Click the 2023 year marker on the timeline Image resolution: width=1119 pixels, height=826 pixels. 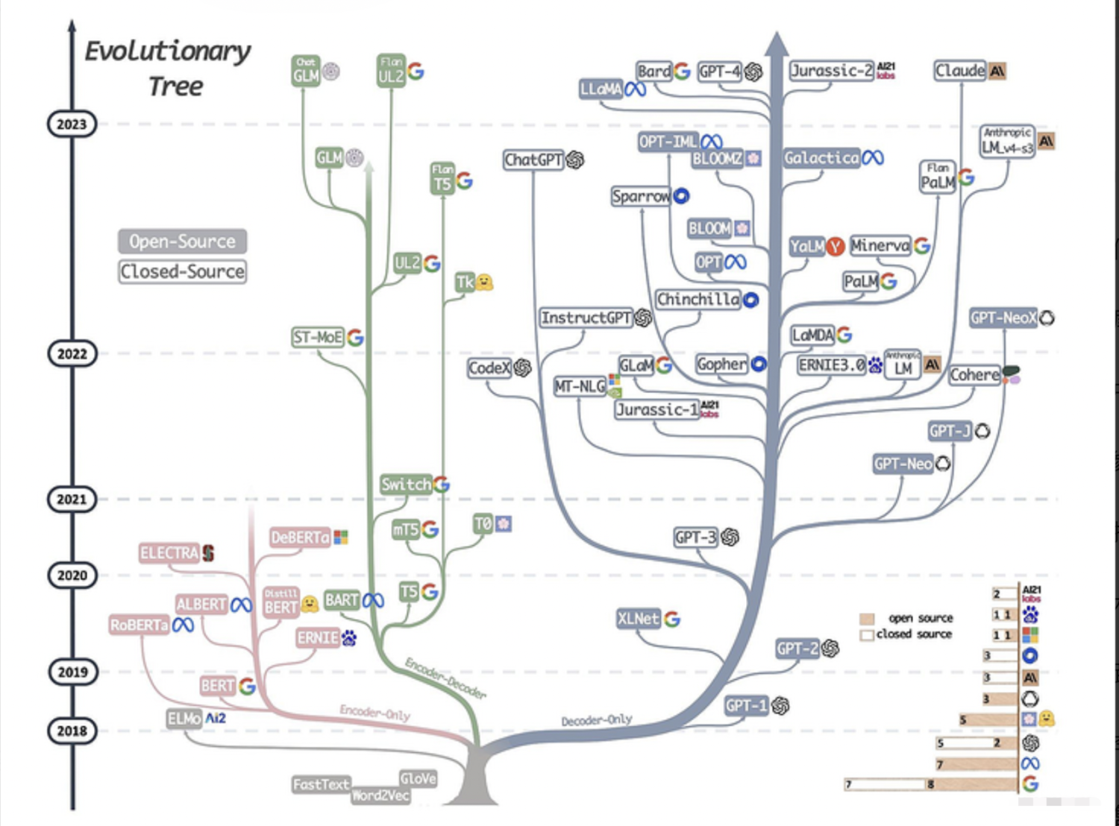(x=72, y=124)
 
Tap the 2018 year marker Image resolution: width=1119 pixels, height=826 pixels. (x=72, y=731)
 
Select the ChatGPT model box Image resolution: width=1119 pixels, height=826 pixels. (x=533, y=160)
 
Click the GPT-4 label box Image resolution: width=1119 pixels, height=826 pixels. (x=720, y=71)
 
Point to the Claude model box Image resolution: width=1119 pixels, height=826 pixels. (x=960, y=71)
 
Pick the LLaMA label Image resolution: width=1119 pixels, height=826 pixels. (x=601, y=89)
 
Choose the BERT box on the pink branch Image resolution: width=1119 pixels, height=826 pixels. (x=218, y=686)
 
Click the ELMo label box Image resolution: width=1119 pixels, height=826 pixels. (x=184, y=719)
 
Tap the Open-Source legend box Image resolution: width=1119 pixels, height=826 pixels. (x=182, y=242)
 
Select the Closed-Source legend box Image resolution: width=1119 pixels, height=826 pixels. (x=182, y=271)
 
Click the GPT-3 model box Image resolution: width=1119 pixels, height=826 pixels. (x=695, y=537)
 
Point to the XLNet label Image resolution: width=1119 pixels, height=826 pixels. (x=639, y=619)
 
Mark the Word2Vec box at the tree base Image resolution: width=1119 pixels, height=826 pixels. (x=380, y=795)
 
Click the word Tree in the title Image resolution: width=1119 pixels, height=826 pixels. (x=175, y=86)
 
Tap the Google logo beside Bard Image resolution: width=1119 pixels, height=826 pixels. (x=682, y=71)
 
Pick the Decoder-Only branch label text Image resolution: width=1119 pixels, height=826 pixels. (x=597, y=720)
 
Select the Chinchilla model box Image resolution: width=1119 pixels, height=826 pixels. (x=698, y=300)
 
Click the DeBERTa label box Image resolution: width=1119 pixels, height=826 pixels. (x=301, y=537)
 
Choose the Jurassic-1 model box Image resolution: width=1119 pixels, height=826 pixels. (x=657, y=409)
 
